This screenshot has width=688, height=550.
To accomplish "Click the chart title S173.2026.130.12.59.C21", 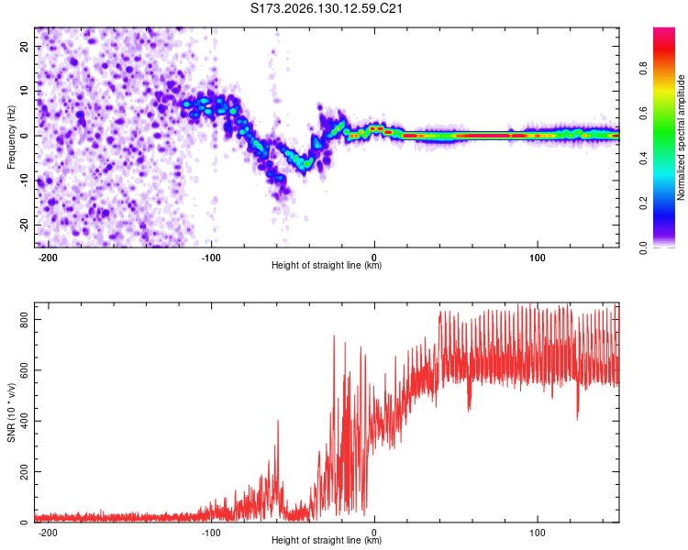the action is [x=326, y=8].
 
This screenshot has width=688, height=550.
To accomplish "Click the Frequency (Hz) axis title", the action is [x=11, y=137].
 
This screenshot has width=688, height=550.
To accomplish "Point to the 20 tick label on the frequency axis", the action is [x=25, y=46].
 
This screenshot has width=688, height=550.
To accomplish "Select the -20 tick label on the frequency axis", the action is [x=25, y=225].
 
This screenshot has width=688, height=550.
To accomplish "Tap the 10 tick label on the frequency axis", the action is [x=25, y=91].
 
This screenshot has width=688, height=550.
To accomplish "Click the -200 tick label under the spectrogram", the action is [x=48, y=258].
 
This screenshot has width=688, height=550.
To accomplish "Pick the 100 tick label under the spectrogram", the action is [x=538, y=258].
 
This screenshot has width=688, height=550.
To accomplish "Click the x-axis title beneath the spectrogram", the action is [x=327, y=265].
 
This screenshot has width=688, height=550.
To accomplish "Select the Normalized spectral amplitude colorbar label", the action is [x=681, y=137].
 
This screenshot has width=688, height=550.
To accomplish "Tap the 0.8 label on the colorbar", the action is [x=643, y=69].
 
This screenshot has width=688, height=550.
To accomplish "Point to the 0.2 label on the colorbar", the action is [x=643, y=203].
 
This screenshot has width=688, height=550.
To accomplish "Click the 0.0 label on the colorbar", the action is [x=643, y=247].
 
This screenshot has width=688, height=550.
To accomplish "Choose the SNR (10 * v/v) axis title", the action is [x=11, y=412].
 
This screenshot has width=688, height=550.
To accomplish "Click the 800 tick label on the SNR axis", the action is [x=25, y=320].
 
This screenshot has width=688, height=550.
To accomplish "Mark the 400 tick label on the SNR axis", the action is [x=25, y=421].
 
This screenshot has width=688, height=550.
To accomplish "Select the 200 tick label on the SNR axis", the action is [x=25, y=471].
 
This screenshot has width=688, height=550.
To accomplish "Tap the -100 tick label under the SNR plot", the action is [x=211, y=533].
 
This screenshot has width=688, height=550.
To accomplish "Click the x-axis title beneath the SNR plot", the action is [x=327, y=540].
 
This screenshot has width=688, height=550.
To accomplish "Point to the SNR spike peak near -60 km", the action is [x=278, y=421].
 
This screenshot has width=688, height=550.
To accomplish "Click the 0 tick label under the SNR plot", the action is [x=374, y=533].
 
